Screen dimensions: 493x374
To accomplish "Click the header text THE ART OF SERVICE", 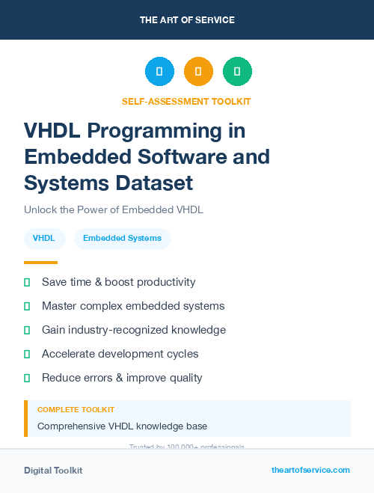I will click(x=187, y=20).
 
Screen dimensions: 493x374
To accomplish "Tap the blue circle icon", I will click(x=159, y=72).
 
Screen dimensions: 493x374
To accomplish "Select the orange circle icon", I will click(x=198, y=72).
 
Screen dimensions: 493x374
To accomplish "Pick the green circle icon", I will click(x=237, y=72).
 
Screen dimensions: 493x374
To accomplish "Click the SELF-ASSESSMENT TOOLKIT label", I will click(x=186, y=101).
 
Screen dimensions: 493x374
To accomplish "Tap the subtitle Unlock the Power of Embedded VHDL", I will click(x=114, y=210).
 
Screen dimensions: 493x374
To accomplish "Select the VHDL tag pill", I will click(x=44, y=239).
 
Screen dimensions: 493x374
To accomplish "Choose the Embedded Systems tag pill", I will click(x=122, y=239).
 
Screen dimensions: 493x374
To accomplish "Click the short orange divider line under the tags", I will click(x=40, y=263).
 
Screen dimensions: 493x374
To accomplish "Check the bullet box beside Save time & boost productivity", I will click(x=27, y=283).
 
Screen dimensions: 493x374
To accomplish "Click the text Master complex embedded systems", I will click(x=133, y=306).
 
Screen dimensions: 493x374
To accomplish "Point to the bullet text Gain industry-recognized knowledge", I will click(x=134, y=330).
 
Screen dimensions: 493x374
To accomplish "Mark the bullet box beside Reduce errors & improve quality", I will click(x=27, y=379).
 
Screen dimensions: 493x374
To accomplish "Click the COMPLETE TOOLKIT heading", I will click(x=76, y=410).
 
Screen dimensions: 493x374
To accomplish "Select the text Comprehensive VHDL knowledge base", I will click(x=122, y=426).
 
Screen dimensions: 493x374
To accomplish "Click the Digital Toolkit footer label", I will click(x=53, y=471).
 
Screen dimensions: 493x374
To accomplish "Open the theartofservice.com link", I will click(x=310, y=470).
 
